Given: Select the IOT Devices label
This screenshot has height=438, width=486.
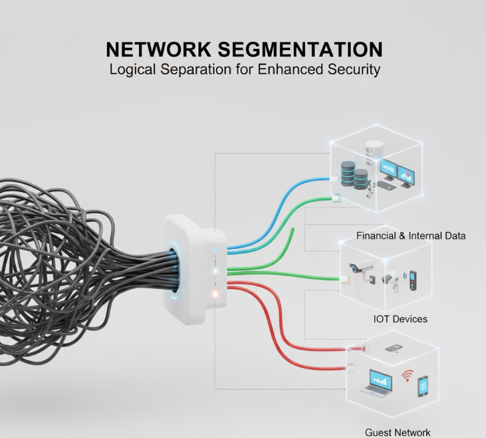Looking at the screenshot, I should (x=400, y=319).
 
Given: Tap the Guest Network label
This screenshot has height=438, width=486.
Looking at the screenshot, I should (x=398, y=432).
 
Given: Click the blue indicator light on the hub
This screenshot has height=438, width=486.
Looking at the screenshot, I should (x=215, y=251).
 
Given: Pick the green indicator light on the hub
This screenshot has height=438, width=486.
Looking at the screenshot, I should (x=215, y=271).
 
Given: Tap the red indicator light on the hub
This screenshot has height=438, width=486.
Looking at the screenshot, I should (x=215, y=293).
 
